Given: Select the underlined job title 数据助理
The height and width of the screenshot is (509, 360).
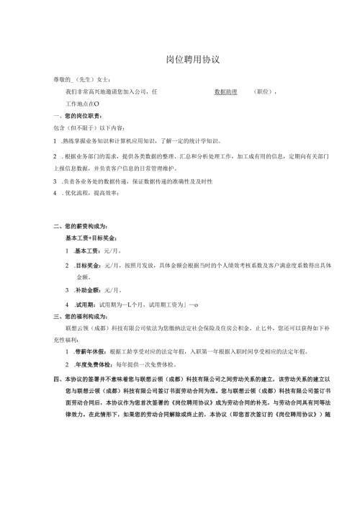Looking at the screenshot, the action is pos(226,91).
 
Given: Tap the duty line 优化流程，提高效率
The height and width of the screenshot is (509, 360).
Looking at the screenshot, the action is pos(90,194).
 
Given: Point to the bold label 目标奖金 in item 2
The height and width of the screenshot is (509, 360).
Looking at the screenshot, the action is pos(88,266).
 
